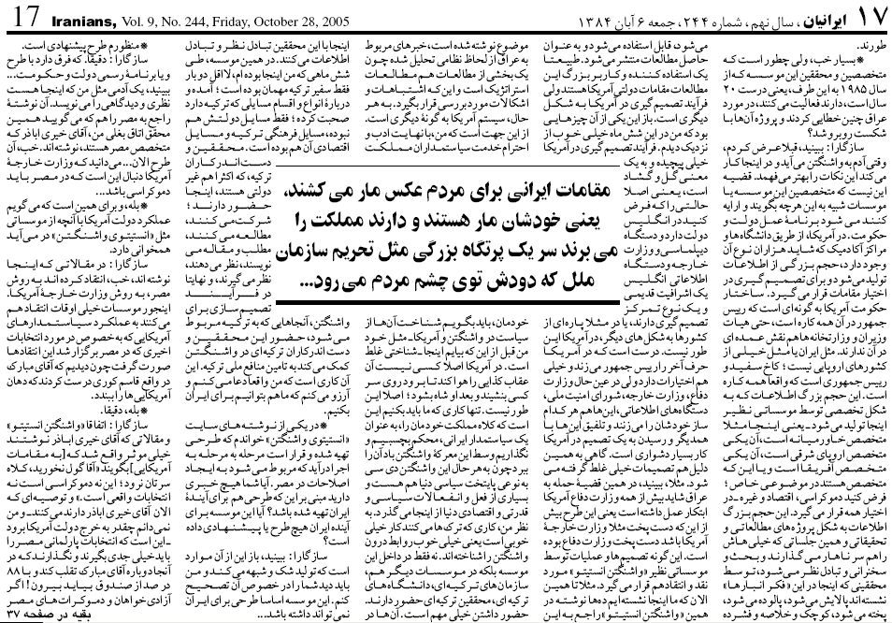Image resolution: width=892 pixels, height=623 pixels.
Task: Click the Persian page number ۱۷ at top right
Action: (x=869, y=16)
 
